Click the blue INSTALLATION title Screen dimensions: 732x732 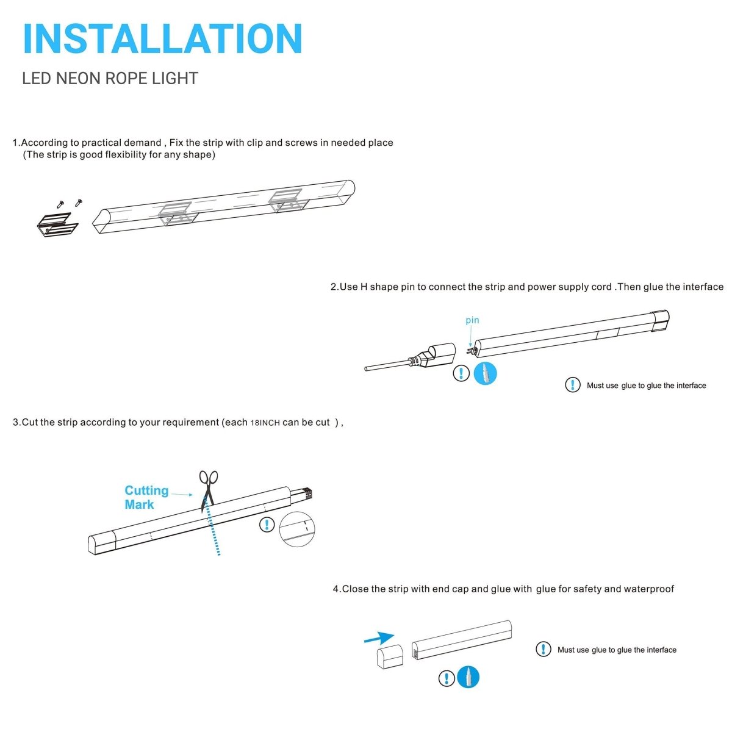[x=162, y=39]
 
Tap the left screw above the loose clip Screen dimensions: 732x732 [x=60, y=204]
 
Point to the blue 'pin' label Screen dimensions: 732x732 [x=472, y=320]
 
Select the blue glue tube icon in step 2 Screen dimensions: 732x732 [x=486, y=373]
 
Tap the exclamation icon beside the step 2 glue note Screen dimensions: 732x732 [x=572, y=385]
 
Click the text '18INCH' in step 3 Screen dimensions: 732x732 [x=265, y=423]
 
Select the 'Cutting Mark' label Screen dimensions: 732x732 [x=146, y=497]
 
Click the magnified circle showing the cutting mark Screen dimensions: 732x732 [x=297, y=529]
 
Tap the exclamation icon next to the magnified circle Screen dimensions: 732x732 [x=267, y=525]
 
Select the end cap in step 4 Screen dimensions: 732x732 [x=389, y=659]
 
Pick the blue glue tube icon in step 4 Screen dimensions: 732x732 [x=468, y=677]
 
